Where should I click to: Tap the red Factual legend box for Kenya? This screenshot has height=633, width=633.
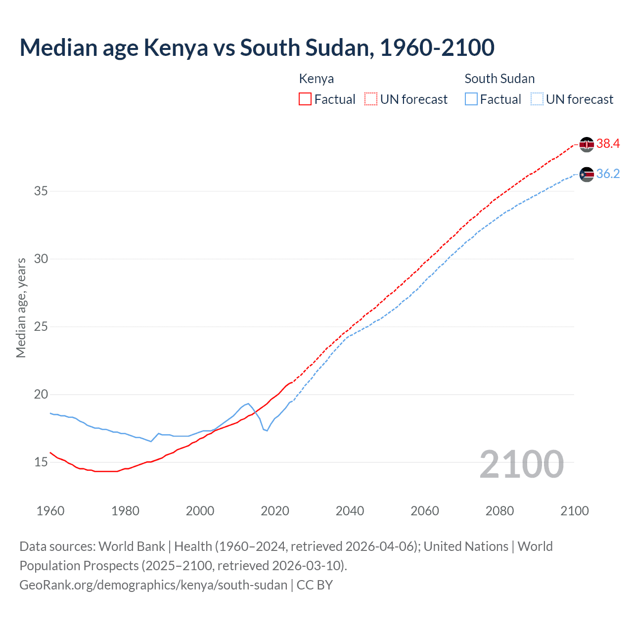(x=305, y=99)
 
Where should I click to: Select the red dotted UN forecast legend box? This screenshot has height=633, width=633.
(x=371, y=99)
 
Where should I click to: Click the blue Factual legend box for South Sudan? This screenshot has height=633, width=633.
(x=471, y=99)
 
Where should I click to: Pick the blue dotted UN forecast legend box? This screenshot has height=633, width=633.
(x=537, y=99)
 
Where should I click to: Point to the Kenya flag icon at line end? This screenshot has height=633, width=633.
(x=587, y=144)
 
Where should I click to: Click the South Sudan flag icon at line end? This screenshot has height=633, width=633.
(x=587, y=175)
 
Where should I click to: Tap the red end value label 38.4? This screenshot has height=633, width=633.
(x=608, y=144)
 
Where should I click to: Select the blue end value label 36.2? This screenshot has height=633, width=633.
(x=608, y=174)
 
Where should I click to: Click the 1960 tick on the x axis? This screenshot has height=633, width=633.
(x=50, y=511)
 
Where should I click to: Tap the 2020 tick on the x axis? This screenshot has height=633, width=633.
(x=275, y=511)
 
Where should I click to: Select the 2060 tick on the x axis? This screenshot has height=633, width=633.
(x=425, y=511)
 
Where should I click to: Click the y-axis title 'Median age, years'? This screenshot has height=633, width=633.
(x=21, y=308)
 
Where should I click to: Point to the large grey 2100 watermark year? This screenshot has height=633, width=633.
(x=521, y=464)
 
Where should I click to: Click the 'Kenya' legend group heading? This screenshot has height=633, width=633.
(x=316, y=79)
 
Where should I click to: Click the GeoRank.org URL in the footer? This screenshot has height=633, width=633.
(x=153, y=585)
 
